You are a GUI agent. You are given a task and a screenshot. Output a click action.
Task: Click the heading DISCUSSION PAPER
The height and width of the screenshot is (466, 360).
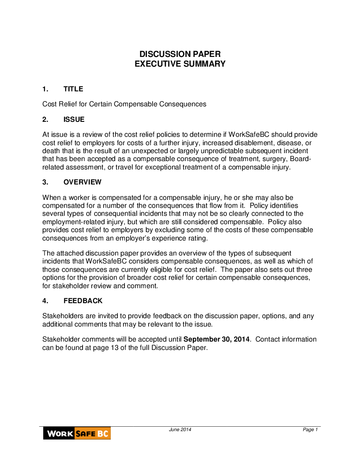(180, 54)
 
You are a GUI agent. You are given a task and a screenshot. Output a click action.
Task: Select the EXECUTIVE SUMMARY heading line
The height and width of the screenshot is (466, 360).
(180, 64)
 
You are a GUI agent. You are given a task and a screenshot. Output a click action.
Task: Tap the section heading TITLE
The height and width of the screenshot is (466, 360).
(73, 89)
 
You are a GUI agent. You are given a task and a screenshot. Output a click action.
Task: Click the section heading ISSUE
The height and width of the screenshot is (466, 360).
(74, 120)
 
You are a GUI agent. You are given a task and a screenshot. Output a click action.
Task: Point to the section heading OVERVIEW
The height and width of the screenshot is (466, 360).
(82, 182)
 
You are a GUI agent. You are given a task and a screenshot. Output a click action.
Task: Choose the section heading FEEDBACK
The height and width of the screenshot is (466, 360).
(83, 301)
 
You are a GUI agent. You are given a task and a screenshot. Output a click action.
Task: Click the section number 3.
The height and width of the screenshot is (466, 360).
(45, 182)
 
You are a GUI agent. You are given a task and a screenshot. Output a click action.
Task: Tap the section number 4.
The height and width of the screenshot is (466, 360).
(45, 301)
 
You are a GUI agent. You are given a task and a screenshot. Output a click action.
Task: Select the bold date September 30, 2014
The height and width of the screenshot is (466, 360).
(217, 339)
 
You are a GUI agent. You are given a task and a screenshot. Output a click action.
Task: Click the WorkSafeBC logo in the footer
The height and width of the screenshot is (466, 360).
(77, 433)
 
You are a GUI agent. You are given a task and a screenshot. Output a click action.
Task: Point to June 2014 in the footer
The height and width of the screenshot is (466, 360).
(180, 430)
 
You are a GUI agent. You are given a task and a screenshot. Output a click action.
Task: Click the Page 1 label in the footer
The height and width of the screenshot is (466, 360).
(310, 430)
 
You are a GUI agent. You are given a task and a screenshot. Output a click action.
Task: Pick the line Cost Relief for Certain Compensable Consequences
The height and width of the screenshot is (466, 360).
(124, 104)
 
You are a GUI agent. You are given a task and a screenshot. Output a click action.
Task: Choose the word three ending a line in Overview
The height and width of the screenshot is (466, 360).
(304, 270)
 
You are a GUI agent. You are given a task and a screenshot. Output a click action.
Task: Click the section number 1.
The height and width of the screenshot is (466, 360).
(45, 89)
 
